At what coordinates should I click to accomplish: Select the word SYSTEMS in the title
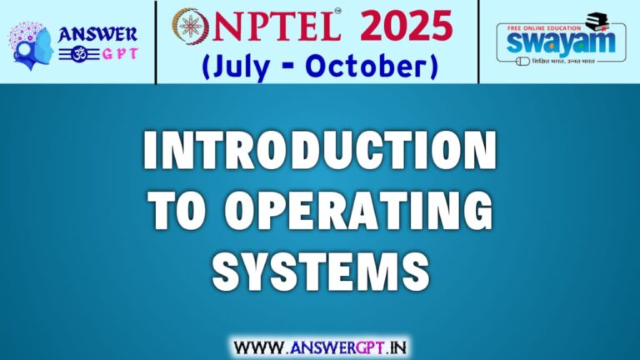coord(320,269)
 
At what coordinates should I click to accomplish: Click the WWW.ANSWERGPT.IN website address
coord(320,344)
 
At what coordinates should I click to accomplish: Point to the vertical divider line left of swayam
coord(479,42)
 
